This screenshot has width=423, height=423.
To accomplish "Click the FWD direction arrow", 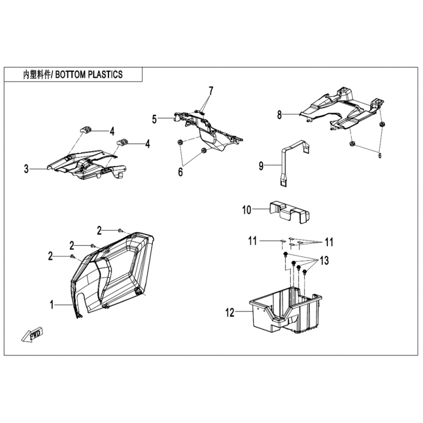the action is pos(32,335).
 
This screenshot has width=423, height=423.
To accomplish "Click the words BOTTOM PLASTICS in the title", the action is pos(89,75).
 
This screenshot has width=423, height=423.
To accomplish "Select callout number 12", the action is pos(230,312).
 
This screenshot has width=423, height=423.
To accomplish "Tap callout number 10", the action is pos(246,209).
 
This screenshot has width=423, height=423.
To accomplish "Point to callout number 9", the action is pos(261,166).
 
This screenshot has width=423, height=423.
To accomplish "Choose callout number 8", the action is pos(279,115).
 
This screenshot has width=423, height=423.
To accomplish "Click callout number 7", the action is pos(210,91).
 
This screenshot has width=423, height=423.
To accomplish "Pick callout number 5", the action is pos(154,119).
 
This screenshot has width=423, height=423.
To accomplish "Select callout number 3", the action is pos(26,169).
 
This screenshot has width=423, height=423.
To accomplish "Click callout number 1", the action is pos(51,305).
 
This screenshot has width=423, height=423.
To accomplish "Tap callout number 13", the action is pos(324,261).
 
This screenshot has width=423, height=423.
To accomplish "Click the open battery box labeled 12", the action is pos(286,310).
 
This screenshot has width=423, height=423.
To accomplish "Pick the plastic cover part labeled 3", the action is pos(86,164).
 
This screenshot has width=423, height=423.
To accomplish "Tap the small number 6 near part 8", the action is pos(380,155).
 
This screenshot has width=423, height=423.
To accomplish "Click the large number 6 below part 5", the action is pos(180,172).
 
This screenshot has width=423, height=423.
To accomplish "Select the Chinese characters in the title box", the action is pos(36,75).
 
